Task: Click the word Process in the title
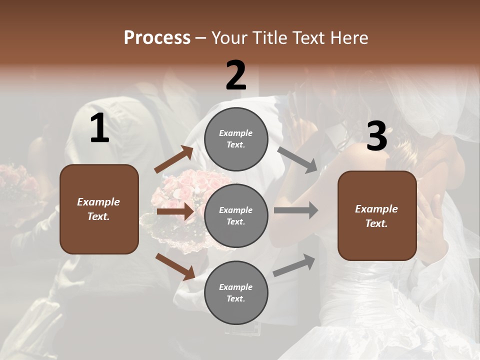(x=157, y=38)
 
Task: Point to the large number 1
(x=99, y=128)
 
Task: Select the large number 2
(x=236, y=75)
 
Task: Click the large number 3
(x=376, y=136)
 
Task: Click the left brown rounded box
(x=99, y=209)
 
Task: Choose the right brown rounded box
(x=377, y=216)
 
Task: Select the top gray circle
(x=236, y=139)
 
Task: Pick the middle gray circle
(x=236, y=216)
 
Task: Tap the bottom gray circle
(x=236, y=293)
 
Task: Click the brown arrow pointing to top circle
(x=174, y=159)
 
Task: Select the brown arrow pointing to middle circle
(x=175, y=211)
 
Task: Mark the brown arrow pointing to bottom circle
(x=175, y=266)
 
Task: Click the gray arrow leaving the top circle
(x=298, y=159)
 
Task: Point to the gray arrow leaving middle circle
(x=296, y=210)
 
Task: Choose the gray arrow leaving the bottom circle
(x=294, y=265)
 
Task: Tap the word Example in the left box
(x=98, y=202)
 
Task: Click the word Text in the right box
(x=376, y=223)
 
